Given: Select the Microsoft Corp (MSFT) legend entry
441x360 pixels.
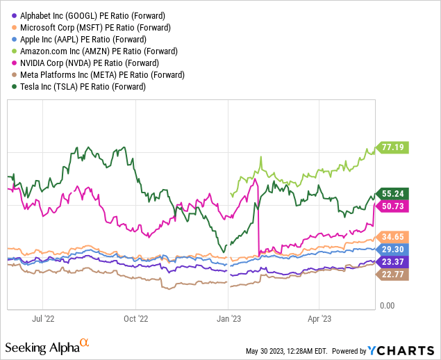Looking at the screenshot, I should pos(86,27).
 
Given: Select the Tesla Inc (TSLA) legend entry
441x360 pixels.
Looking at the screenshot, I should pos(77,86).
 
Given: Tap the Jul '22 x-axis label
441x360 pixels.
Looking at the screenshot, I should pos(43,320).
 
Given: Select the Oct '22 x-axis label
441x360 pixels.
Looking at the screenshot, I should pos(135,320).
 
